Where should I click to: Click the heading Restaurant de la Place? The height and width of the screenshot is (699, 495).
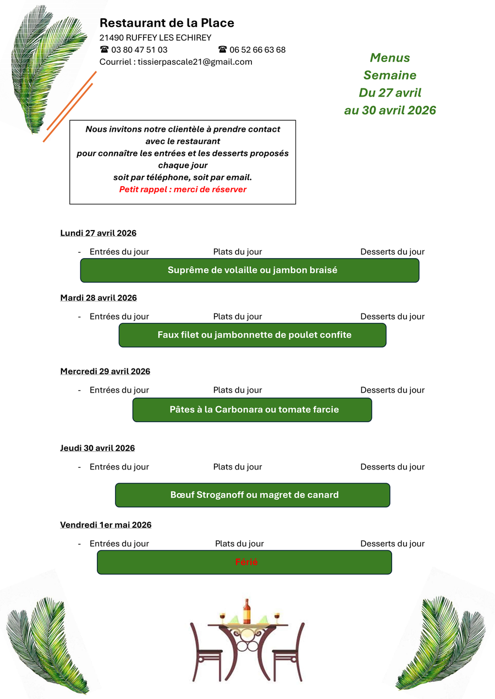pos(167,23)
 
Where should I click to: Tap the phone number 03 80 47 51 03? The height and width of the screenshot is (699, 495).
pos(139,50)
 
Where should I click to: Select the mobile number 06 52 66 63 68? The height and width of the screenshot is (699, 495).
pos(257,50)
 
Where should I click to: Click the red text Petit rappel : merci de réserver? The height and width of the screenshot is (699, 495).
pos(183,189)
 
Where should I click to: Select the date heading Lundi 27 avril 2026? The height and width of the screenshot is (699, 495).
pos(98,233)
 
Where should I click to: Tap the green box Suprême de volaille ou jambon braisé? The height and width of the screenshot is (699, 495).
pos(250,270)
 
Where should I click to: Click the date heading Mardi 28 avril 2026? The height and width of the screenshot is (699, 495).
pos(98,298)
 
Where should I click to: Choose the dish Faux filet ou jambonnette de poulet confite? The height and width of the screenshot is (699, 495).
pos(252,335)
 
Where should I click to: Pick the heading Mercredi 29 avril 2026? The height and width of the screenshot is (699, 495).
pos(105,372)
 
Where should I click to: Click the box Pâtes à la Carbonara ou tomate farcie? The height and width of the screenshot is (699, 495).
pos(252,410)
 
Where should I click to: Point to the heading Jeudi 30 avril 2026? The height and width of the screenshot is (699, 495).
pos(97,448)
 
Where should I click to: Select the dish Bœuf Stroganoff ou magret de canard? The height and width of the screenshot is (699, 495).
pos(252,495)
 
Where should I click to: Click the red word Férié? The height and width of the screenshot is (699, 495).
pos(246,562)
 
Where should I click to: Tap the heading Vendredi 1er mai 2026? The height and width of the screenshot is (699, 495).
pos(106,525)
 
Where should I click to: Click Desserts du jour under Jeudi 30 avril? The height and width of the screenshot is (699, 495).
pos(392,467)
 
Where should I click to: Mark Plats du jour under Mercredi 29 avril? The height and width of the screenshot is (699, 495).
pos(238,390)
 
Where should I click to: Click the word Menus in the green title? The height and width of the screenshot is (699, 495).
pos(390,58)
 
